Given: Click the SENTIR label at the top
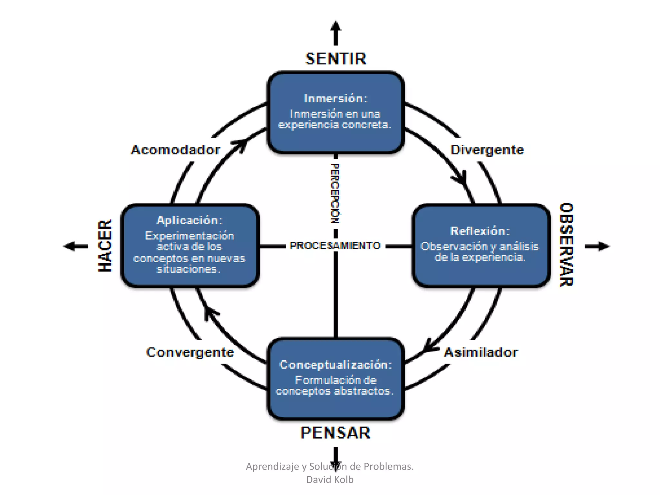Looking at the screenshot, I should tap(335, 59).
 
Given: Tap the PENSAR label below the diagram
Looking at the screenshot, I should tap(335, 433).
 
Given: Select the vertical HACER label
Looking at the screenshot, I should tap(105, 246).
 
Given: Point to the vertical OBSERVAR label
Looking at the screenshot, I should tap(566, 245).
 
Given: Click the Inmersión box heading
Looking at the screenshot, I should tap(335, 99).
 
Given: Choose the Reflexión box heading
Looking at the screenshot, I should tap(480, 231).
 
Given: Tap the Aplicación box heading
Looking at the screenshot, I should tap(189, 220).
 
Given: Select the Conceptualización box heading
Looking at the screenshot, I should tap(335, 365).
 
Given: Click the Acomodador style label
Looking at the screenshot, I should tap(176, 150).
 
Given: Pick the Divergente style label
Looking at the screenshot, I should tap(487, 150).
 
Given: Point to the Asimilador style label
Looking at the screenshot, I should tap(481, 353).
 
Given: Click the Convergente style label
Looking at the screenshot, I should tap(190, 353).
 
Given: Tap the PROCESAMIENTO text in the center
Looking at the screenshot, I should tap(335, 246).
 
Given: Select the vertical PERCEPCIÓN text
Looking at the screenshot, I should tap(335, 193).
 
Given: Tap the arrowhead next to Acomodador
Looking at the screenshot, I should tap(241, 146).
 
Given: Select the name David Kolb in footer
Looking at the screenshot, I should tap(330, 480).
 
